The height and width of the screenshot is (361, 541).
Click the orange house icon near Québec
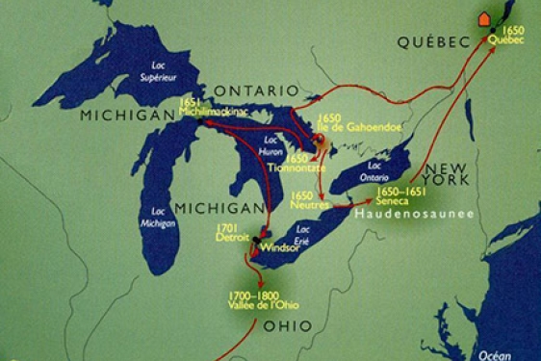483,18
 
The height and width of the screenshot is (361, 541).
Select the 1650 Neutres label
309,200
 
